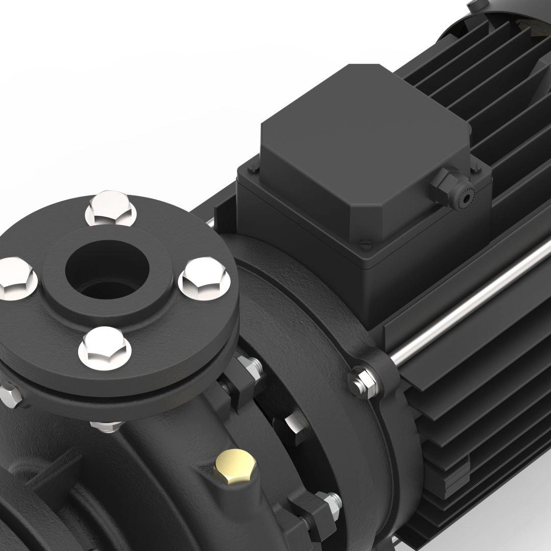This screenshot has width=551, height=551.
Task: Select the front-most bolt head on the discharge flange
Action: point(105,346)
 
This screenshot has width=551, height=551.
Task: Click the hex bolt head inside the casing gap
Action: point(293,423)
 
